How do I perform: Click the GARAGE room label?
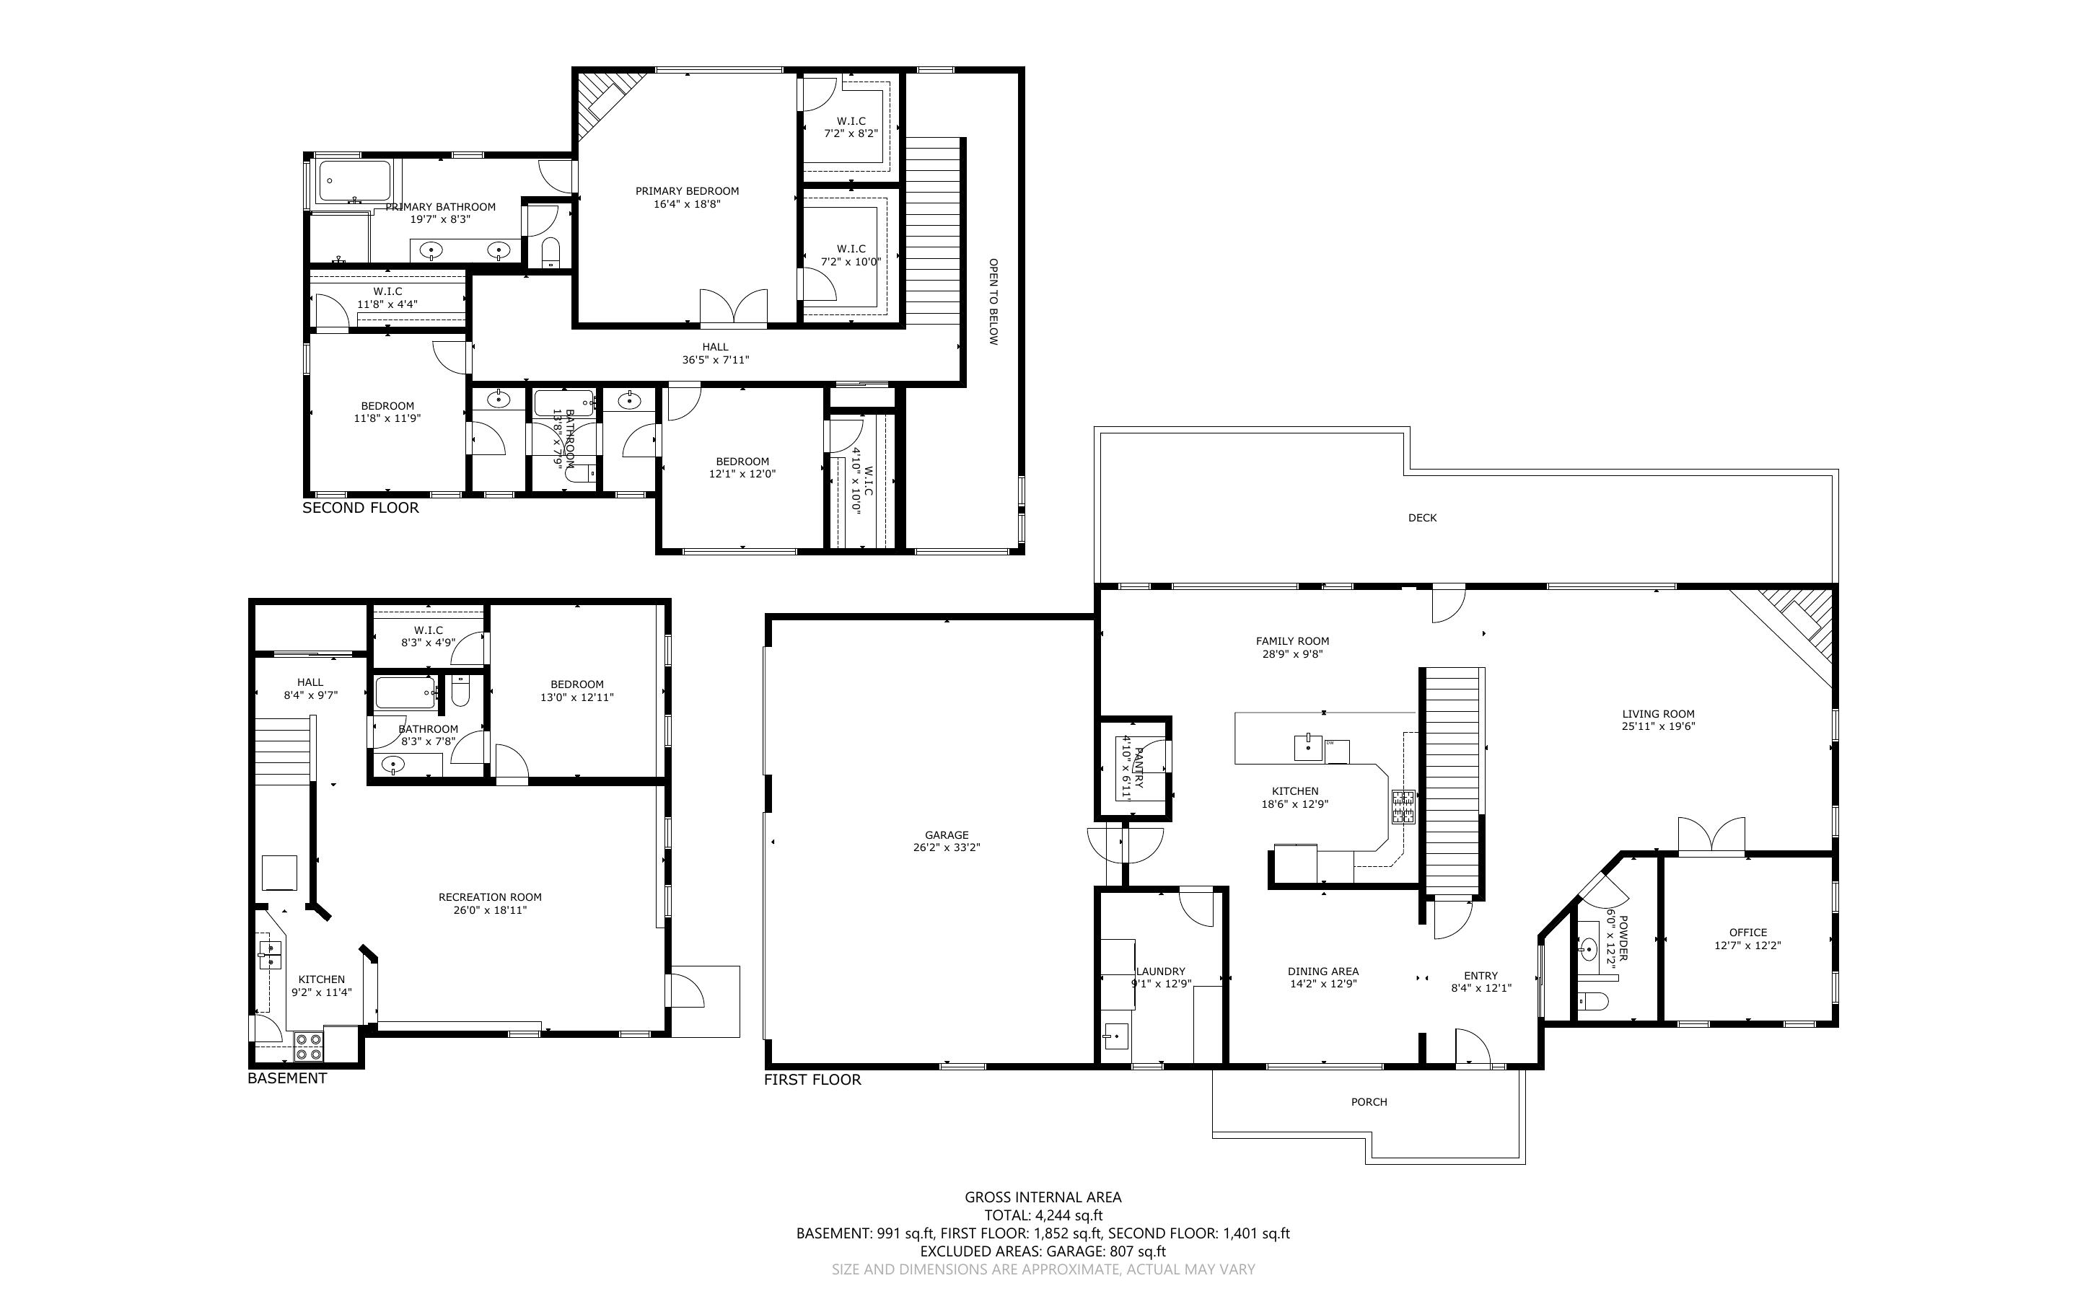click(x=947, y=835)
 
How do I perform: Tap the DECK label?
click(x=1422, y=517)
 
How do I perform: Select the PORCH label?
click(x=1369, y=1101)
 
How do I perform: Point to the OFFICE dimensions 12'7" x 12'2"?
click(x=1747, y=946)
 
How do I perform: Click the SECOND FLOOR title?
click(x=361, y=508)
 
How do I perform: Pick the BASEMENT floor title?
click(x=287, y=1078)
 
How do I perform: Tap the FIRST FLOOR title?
click(x=812, y=1080)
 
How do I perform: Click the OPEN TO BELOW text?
click(x=993, y=302)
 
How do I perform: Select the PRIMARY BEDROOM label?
click(x=688, y=191)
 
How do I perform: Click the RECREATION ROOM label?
click(x=490, y=897)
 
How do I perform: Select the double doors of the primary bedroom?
click(x=733, y=308)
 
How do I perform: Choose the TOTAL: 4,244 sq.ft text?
click(x=1043, y=1216)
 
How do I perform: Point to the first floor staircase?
click(x=1452, y=781)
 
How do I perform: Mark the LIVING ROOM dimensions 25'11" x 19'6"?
click(x=1658, y=727)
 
